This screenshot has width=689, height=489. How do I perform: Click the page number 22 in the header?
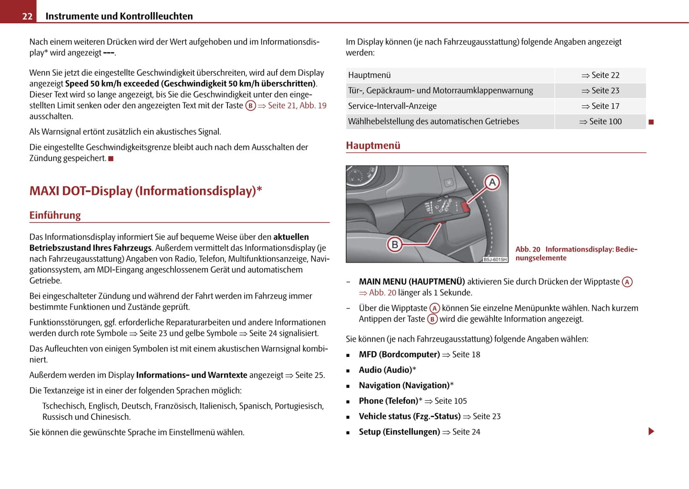click(27, 16)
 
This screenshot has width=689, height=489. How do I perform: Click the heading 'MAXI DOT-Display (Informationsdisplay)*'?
click(145, 191)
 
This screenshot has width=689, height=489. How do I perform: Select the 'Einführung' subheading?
click(55, 215)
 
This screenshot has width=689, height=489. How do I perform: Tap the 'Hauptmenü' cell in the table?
click(370, 75)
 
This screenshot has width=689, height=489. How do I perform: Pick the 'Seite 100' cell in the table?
click(601, 122)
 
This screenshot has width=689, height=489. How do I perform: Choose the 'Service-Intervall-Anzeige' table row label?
click(392, 106)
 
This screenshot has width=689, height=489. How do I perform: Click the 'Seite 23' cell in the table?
click(601, 91)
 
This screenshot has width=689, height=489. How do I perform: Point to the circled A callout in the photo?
click(492, 182)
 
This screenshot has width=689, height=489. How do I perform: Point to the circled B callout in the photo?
click(394, 244)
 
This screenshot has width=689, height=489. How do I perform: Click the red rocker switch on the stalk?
click(464, 206)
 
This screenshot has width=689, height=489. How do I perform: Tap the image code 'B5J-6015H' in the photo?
click(495, 259)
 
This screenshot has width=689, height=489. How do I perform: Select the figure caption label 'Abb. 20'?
click(527, 249)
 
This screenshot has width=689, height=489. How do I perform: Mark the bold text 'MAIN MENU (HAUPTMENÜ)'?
click(411, 282)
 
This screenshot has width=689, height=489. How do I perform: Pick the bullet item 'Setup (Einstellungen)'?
click(399, 432)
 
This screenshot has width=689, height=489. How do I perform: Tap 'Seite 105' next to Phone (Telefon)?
click(451, 401)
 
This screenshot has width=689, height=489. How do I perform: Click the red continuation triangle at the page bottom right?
click(651, 431)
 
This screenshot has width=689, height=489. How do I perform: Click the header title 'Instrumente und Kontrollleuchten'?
click(119, 16)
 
